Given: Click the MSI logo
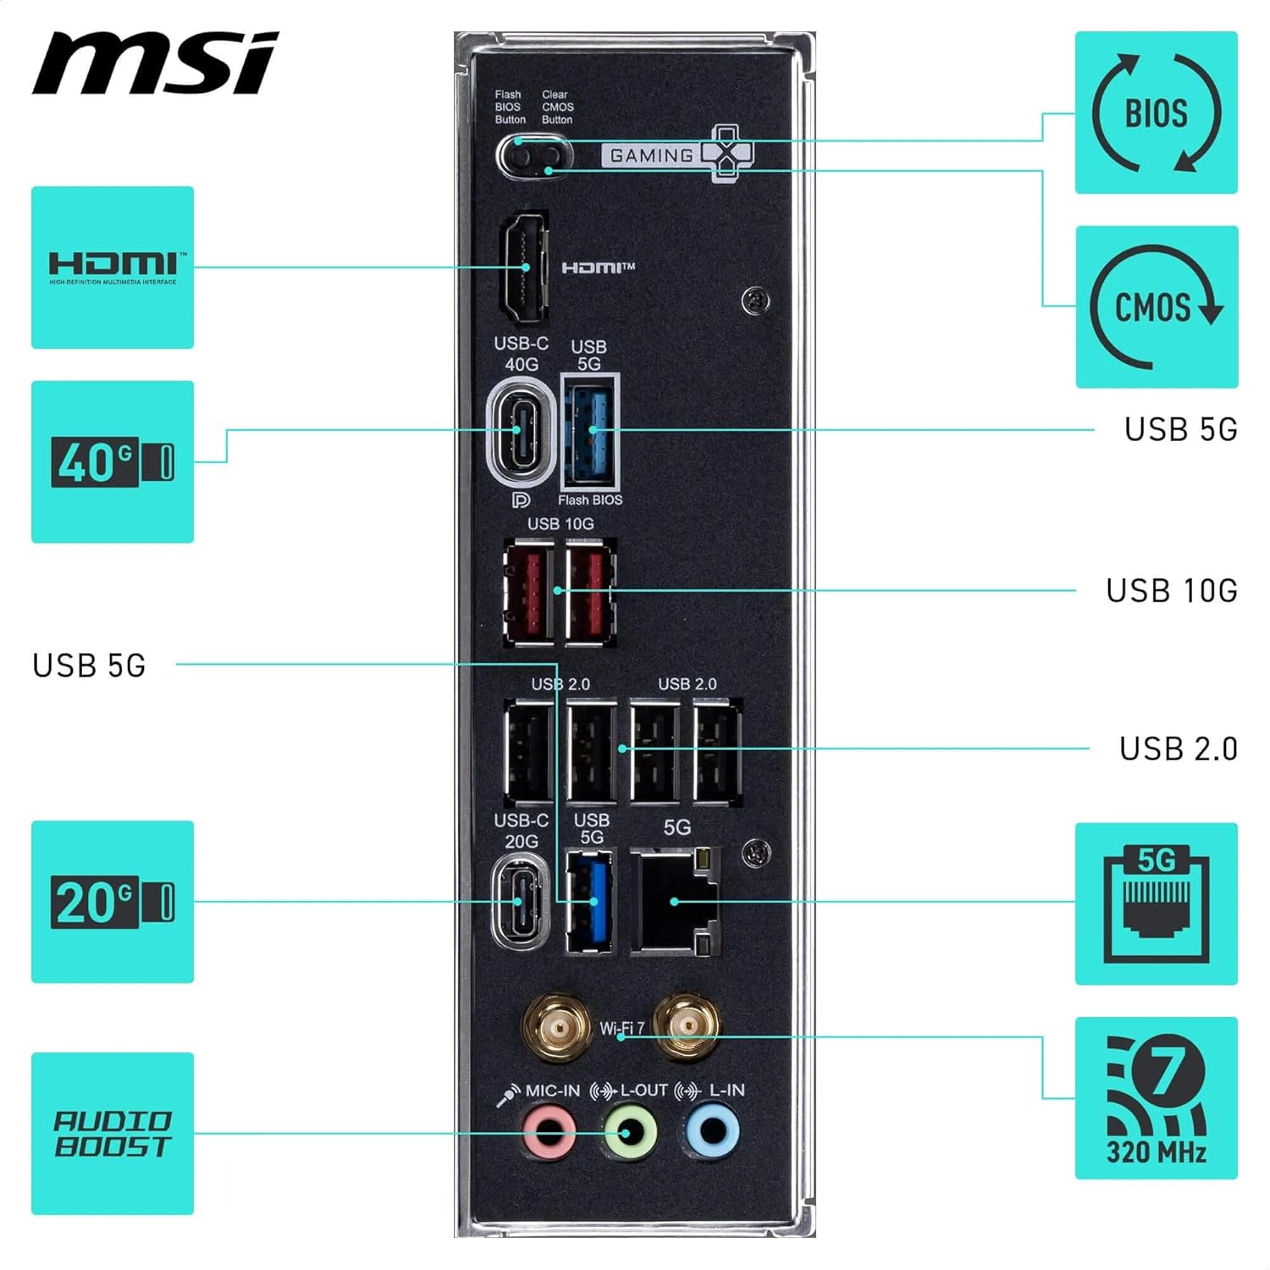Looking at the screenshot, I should pyautogui.click(x=155, y=63).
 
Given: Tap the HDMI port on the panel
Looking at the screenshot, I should pyautogui.click(x=525, y=267).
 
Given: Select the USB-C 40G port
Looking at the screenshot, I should pyautogui.click(x=519, y=431).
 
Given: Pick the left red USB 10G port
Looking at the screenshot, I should pyautogui.click(x=528, y=591).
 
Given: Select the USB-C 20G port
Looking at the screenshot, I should pyautogui.click(x=519, y=901).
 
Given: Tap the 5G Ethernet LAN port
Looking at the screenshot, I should pyautogui.click(x=675, y=901).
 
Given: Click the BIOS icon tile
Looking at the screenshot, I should pyautogui.click(x=1156, y=113).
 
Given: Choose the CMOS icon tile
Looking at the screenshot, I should pyautogui.click(x=1156, y=306).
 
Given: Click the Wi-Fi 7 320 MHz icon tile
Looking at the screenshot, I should pyautogui.click(x=1156, y=1098).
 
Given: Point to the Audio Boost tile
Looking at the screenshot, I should pyautogui.click(x=113, y=1134).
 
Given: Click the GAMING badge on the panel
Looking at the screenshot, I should pyautogui.click(x=652, y=156).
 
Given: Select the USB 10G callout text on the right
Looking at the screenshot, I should pyautogui.click(x=1171, y=591).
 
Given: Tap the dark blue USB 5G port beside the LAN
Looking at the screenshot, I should pyautogui.click(x=591, y=901).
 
